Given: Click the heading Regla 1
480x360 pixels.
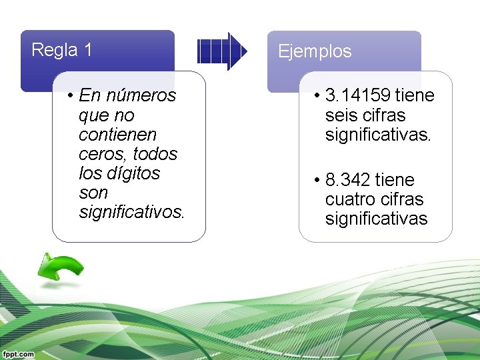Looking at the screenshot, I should tap(62, 50).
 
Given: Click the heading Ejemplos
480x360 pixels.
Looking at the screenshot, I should tap(315, 51).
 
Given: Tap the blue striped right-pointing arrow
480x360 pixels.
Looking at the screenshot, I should tap(222, 51).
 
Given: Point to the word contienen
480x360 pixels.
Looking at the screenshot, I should tap(117, 135).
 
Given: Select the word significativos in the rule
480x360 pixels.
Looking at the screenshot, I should tap(131, 212).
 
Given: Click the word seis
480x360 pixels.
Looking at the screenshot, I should tap(341, 115).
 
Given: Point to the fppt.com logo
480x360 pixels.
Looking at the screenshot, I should tap(17, 354).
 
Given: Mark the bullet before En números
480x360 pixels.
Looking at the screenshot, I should tap(70, 96).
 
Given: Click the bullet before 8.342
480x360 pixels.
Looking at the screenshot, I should tap(317, 180).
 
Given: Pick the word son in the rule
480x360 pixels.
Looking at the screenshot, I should tap(93, 193).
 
